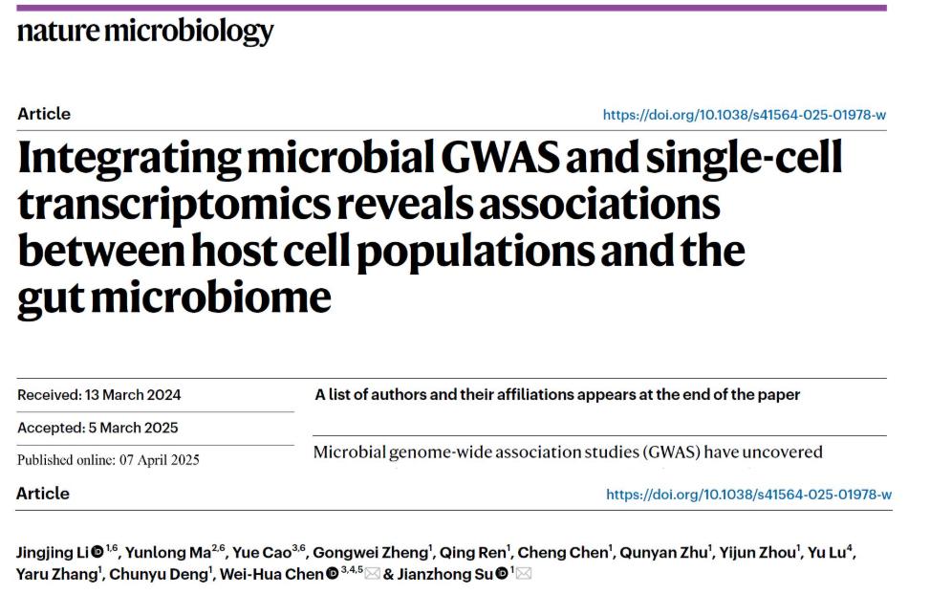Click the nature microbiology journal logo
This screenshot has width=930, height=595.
(x=145, y=32)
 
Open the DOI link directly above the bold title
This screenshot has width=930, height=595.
(x=744, y=115)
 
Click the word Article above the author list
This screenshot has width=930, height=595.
(x=43, y=494)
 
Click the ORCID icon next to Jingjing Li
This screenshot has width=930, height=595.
(x=97, y=553)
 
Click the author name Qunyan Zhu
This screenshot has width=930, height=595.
(x=650, y=553)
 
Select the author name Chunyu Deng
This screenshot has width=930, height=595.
(x=159, y=574)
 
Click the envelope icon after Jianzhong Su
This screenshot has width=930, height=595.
(x=524, y=574)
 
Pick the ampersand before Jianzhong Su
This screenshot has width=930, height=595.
(x=388, y=574)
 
